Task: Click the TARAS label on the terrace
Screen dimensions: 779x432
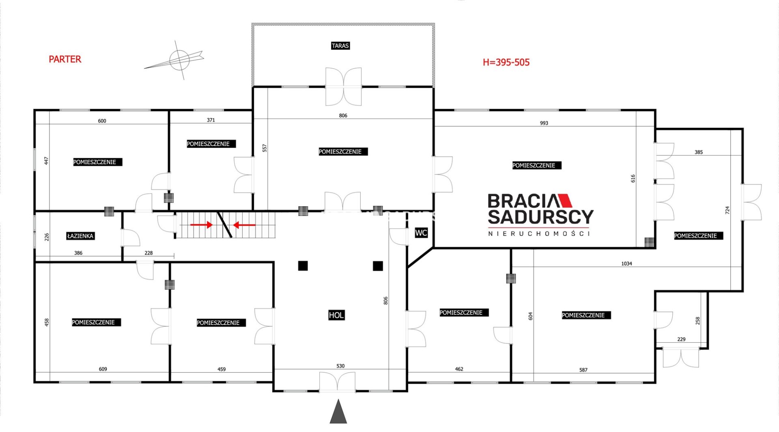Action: (x=340, y=45)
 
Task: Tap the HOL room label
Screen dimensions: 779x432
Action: (x=336, y=315)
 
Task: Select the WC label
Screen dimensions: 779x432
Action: (x=421, y=233)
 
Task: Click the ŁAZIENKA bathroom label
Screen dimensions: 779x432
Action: (x=80, y=236)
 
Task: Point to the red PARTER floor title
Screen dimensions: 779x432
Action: (x=65, y=59)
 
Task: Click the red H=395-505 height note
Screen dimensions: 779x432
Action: (x=506, y=62)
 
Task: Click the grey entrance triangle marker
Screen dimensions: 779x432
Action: (x=338, y=411)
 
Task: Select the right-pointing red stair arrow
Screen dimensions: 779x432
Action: (x=202, y=225)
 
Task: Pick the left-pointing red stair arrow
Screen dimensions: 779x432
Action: (x=244, y=225)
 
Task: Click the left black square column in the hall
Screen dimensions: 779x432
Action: (x=303, y=266)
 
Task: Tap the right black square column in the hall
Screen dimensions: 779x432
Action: (x=378, y=266)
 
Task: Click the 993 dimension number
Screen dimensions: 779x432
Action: (x=544, y=123)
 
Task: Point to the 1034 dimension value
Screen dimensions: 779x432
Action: (x=626, y=264)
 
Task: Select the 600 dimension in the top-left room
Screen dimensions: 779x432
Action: (x=102, y=121)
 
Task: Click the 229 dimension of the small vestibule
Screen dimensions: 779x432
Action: (x=681, y=339)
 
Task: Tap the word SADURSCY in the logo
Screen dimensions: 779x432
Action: (x=540, y=217)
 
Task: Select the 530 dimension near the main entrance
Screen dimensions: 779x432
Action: (x=340, y=366)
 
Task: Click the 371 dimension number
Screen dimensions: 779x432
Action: (x=211, y=120)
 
